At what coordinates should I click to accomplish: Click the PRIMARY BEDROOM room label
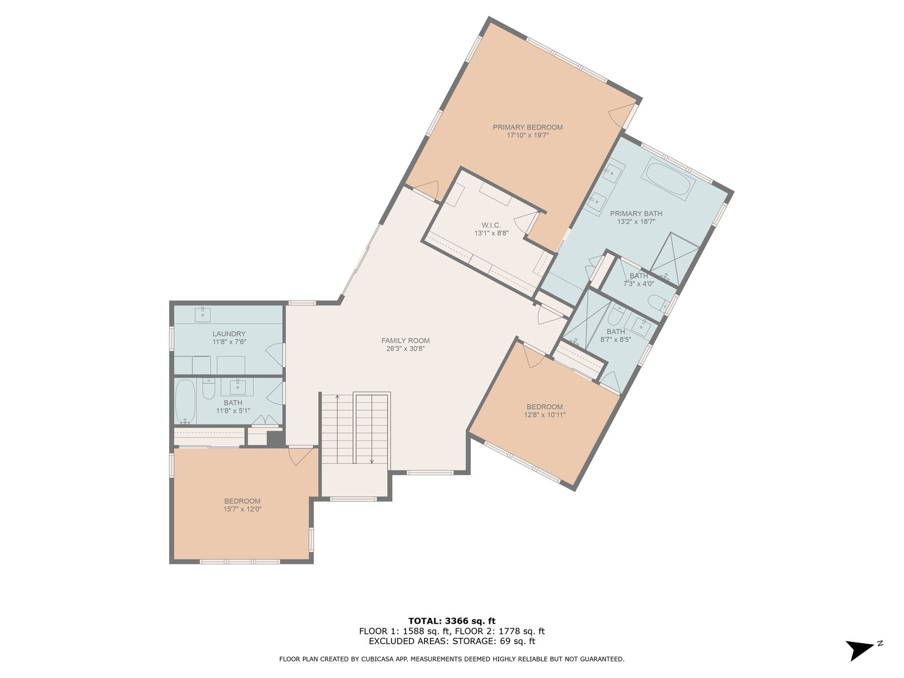tap(527, 127)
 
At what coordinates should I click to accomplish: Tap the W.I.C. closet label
tap(491, 225)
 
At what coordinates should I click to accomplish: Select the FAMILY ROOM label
tap(405, 341)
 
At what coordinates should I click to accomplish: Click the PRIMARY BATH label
tap(636, 213)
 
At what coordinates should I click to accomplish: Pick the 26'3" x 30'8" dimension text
tap(405, 349)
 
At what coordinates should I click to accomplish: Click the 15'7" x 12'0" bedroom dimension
tap(242, 509)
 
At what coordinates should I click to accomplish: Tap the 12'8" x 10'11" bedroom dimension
tap(545, 415)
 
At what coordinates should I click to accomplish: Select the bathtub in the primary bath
tap(668, 179)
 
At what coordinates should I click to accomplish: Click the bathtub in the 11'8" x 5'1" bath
tap(185, 402)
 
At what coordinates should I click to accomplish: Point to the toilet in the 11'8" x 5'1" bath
tap(208, 389)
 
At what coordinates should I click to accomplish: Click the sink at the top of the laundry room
tap(203, 315)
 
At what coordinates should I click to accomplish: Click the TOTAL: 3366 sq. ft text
tap(452, 621)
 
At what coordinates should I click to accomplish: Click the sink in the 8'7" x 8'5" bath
tap(641, 327)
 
